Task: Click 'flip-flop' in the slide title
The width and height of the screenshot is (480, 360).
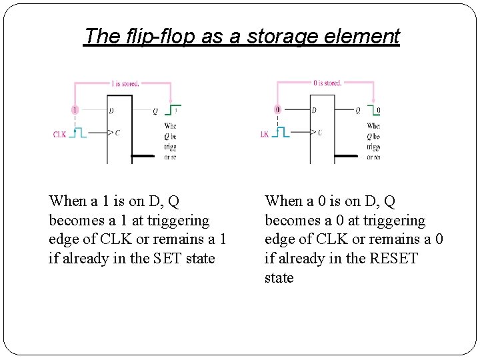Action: (154, 36)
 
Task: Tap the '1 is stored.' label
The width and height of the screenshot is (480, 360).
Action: (125, 84)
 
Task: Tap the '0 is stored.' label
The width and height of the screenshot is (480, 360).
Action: (327, 83)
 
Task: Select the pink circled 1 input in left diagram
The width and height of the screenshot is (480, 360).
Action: (75, 109)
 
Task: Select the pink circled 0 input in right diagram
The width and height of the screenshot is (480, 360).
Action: (277, 109)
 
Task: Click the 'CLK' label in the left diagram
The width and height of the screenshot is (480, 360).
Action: (60, 134)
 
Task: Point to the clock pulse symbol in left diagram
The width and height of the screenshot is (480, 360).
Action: (79, 133)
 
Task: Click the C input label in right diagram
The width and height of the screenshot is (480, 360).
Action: (319, 133)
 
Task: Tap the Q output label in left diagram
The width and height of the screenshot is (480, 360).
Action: (155, 111)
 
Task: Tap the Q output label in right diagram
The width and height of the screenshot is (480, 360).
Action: (357, 111)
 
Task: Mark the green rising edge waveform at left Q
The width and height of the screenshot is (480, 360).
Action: (173, 109)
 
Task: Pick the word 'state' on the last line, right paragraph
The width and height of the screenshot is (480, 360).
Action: (279, 278)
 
